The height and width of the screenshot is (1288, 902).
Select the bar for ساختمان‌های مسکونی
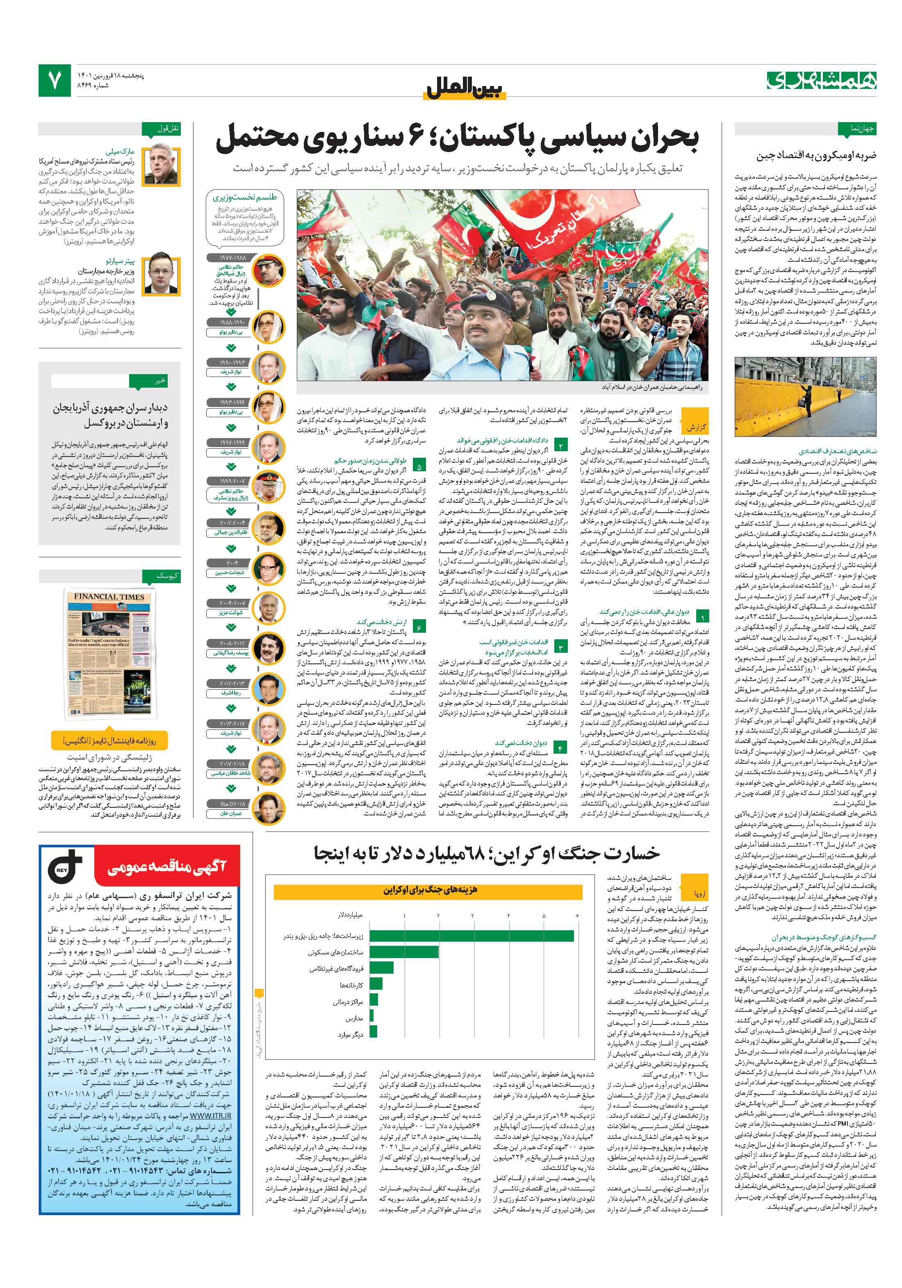[x=403, y=952]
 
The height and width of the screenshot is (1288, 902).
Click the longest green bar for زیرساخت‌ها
[x=471, y=936]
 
